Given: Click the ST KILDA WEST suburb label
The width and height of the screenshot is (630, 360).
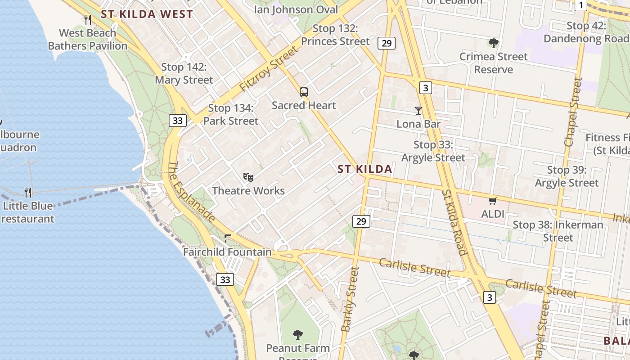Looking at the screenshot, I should click(x=147, y=14).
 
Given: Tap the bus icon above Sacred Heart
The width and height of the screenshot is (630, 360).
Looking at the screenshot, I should click(x=304, y=92).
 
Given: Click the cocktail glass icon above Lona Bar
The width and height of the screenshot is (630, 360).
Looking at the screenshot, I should click(x=418, y=110).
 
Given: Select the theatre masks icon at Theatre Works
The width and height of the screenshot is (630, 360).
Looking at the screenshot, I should click(x=248, y=177).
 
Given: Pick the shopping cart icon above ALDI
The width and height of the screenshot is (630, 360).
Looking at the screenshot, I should click(x=493, y=201).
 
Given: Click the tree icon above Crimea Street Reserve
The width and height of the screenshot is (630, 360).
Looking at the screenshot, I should click(x=494, y=43).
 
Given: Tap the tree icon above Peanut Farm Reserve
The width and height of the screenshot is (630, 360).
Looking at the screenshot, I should click(x=297, y=334).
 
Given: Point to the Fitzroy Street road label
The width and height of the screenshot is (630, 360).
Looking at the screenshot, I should click(x=269, y=69).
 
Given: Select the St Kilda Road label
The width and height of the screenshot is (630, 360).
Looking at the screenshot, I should click(x=455, y=222).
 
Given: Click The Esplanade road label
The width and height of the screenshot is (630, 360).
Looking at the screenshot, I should click(x=191, y=191).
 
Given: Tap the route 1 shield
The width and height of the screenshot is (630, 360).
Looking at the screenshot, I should click(x=581, y=5).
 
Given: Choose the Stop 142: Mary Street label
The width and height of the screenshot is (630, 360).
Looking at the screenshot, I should click(x=184, y=73).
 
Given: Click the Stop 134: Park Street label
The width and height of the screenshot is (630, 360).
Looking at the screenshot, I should click(x=231, y=114).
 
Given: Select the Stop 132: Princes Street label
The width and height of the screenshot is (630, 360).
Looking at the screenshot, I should click(x=335, y=35).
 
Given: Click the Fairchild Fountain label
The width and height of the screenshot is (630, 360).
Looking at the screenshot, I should click(x=227, y=252).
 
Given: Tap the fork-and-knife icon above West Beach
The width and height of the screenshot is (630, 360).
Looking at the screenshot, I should click(x=88, y=20).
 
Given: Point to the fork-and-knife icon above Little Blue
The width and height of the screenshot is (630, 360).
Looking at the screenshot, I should click(x=28, y=193).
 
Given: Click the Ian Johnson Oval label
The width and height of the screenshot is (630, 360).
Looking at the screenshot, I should click(x=296, y=9).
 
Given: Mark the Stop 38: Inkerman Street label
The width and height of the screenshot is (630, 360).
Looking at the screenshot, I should click(x=558, y=231).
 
